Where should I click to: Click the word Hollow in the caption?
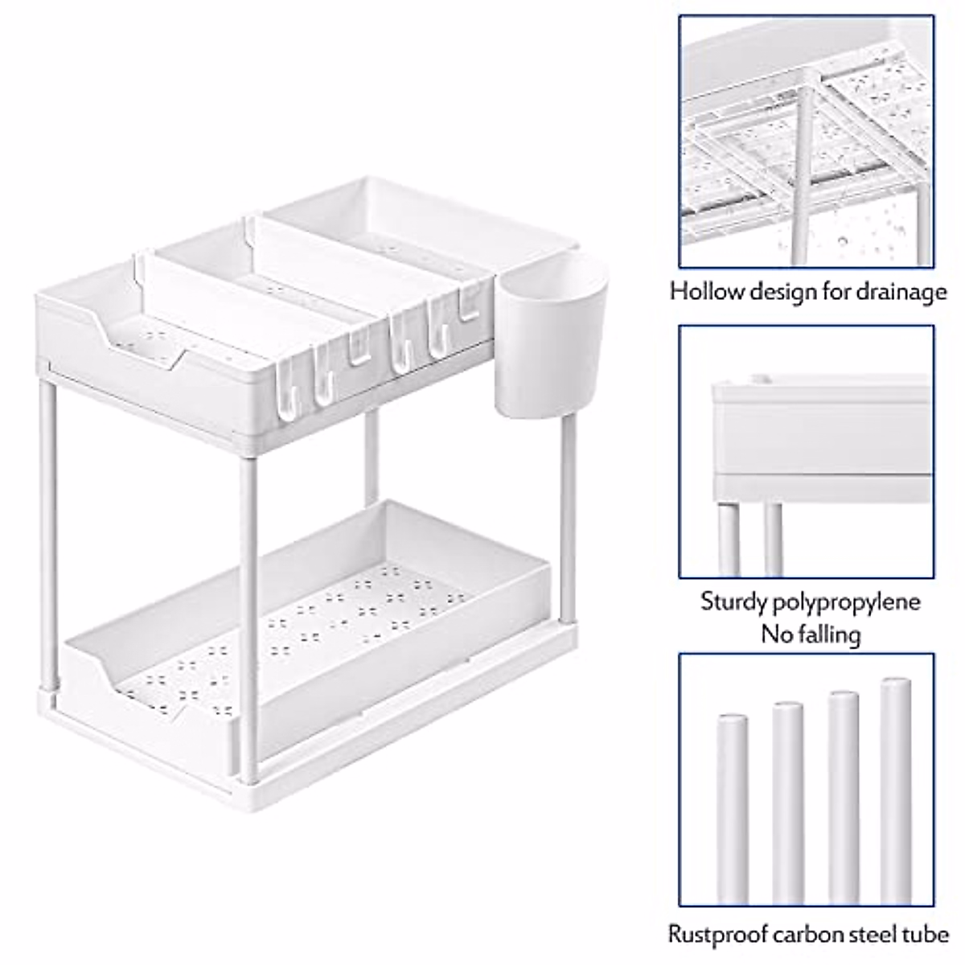tap(705, 290)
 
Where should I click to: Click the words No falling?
tap(811, 634)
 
